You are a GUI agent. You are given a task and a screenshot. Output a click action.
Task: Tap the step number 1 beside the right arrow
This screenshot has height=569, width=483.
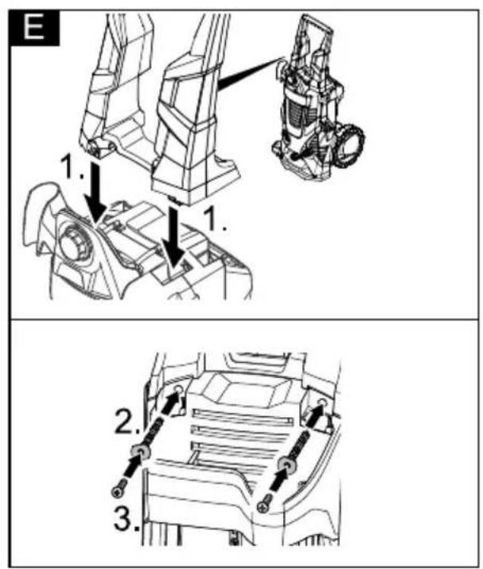(x=215, y=219)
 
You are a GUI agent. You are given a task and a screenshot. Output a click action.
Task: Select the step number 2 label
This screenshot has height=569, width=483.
(x=127, y=421)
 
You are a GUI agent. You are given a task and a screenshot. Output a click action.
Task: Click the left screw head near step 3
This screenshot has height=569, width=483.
(x=118, y=492)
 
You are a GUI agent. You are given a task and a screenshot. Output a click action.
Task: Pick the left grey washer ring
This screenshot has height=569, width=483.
(x=140, y=451)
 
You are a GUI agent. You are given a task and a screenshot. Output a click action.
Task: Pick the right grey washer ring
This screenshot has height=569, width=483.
(x=287, y=465)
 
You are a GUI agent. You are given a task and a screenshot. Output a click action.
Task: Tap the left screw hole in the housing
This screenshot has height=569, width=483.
(x=177, y=389)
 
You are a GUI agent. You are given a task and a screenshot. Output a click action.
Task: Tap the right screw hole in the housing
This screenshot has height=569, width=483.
(x=321, y=401)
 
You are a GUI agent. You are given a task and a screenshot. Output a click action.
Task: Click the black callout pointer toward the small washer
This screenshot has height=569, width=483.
(x=251, y=72)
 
